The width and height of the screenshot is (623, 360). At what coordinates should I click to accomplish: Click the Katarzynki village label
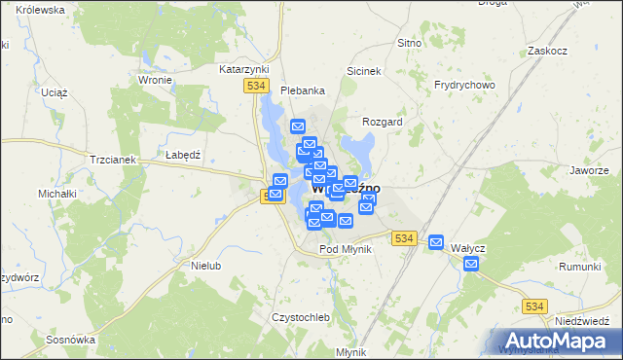point(244,70)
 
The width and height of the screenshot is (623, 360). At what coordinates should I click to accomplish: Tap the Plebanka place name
point(302,90)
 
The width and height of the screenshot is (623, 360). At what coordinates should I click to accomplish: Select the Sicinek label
point(363,71)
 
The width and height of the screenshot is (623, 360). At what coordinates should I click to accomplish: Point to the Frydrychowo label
point(464,85)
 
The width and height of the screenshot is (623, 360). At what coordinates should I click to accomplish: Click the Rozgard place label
point(382,122)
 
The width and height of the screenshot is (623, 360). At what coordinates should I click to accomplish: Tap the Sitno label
point(409,44)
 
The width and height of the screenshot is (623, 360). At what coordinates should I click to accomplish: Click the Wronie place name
point(156,81)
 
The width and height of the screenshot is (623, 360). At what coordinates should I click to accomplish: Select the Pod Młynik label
point(346,250)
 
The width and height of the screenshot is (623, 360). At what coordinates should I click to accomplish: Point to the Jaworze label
point(590,170)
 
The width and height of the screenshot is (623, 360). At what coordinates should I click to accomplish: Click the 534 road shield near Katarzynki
point(256,87)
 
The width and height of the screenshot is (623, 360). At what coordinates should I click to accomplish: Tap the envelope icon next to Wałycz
point(436,242)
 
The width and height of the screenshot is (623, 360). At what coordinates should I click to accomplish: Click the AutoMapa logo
point(558,341)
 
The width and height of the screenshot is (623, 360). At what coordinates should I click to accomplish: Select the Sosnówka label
point(69,340)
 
